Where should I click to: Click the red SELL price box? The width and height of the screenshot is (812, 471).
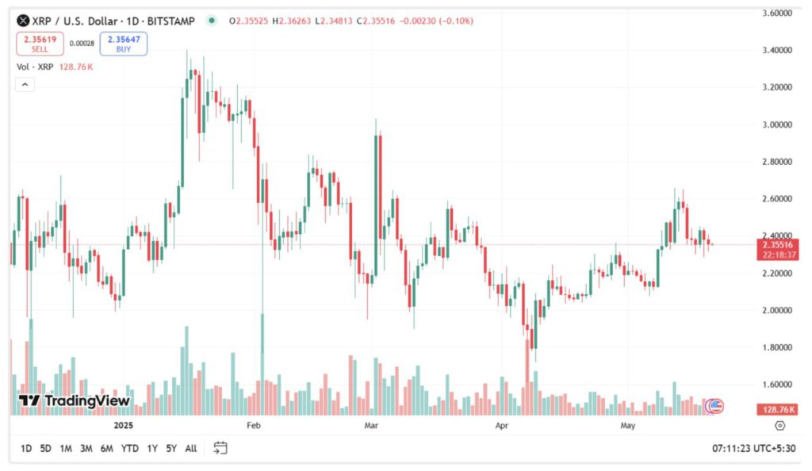point(40,44)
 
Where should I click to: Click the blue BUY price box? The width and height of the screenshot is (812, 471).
point(123,44)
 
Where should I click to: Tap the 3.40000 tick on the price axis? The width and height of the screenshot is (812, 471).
point(776,50)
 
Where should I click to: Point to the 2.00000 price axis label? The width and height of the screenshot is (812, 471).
point(776,310)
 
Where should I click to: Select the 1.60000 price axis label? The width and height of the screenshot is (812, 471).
point(776,385)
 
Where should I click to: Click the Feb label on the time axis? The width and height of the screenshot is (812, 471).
point(254,426)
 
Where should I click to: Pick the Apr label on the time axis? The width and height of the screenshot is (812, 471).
point(501,426)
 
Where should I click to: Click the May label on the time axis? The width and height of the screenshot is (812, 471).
point(628,426)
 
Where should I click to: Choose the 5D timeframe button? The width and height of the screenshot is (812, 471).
point(46,449)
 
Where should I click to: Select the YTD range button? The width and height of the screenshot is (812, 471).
point(130,449)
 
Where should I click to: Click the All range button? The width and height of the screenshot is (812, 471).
point(190,449)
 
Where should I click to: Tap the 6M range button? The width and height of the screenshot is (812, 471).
point(106,449)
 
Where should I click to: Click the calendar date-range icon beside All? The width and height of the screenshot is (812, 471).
point(220,448)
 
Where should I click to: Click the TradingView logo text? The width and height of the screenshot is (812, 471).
point(75,401)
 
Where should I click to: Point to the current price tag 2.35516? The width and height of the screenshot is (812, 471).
point(777,245)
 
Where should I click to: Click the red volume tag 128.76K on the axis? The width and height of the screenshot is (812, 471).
point(777,409)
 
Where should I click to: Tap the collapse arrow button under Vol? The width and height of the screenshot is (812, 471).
point(25,85)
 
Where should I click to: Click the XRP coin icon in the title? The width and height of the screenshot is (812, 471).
point(24,21)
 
